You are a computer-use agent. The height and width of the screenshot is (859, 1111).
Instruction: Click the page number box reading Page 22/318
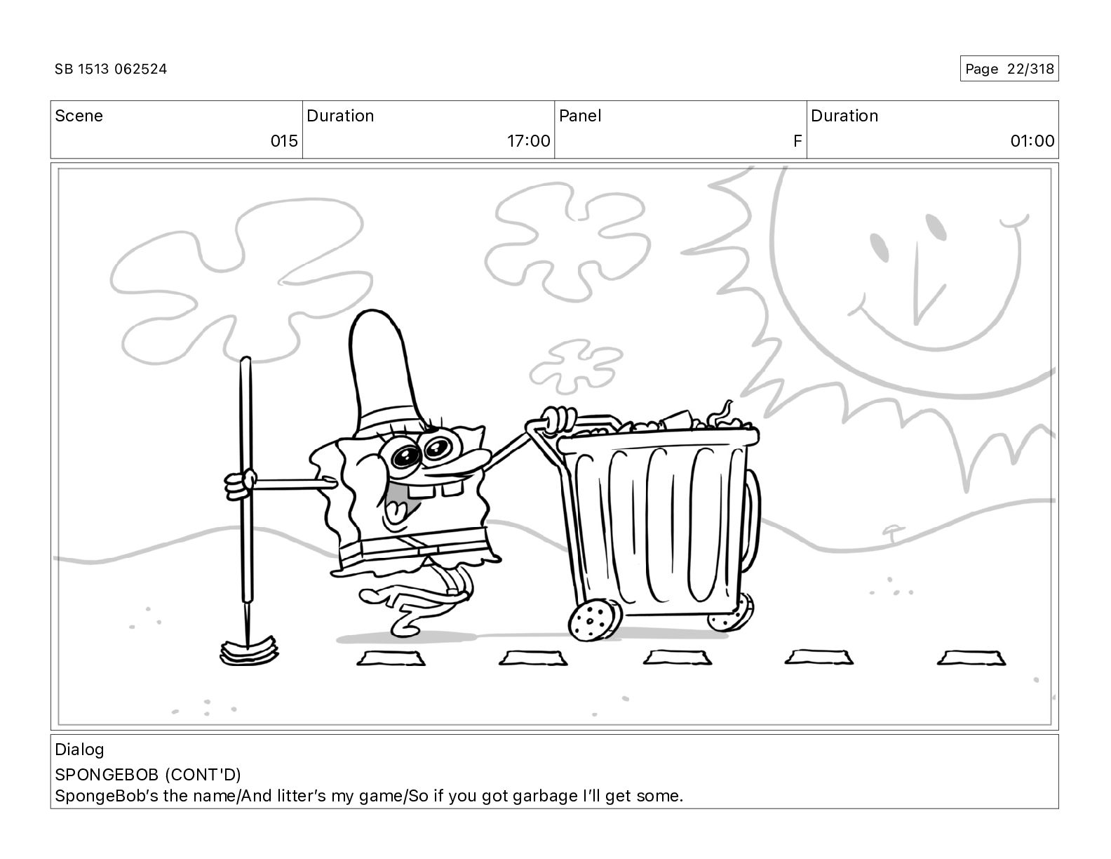[1009, 69]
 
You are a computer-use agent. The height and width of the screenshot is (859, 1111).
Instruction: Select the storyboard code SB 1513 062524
[111, 69]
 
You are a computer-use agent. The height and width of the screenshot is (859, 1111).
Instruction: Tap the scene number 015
[284, 140]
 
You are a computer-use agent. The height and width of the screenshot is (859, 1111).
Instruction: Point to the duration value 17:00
[528, 140]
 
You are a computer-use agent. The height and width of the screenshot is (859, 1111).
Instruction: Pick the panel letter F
[797, 140]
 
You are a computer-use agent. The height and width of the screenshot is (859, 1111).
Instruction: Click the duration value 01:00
[1032, 140]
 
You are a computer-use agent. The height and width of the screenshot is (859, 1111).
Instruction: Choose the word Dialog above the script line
[79, 750]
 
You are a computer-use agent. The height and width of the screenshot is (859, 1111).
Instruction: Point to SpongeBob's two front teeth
[436, 490]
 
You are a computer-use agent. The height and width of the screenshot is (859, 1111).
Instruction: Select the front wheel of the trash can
[595, 620]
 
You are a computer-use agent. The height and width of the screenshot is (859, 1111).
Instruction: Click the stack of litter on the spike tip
[249, 651]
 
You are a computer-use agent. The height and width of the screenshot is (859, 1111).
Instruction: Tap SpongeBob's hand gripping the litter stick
[241, 484]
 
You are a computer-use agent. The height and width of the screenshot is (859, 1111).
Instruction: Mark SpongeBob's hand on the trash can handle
[559, 420]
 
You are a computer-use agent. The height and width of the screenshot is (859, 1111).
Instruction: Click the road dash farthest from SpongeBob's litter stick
[971, 658]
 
